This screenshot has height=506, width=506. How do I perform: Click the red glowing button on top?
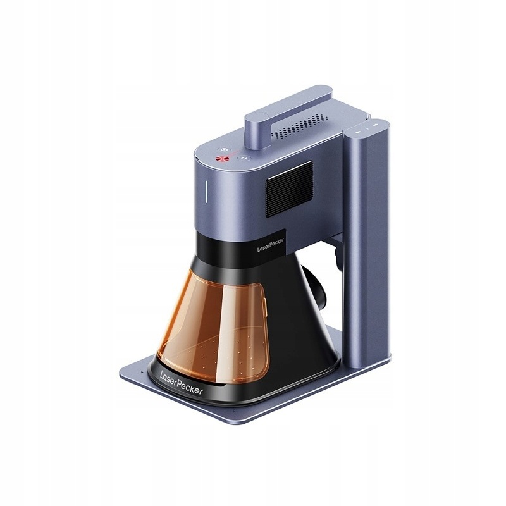pos(222,158)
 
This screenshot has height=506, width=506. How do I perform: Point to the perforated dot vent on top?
pos(300,126)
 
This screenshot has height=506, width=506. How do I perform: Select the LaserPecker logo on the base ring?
pos(182,383)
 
